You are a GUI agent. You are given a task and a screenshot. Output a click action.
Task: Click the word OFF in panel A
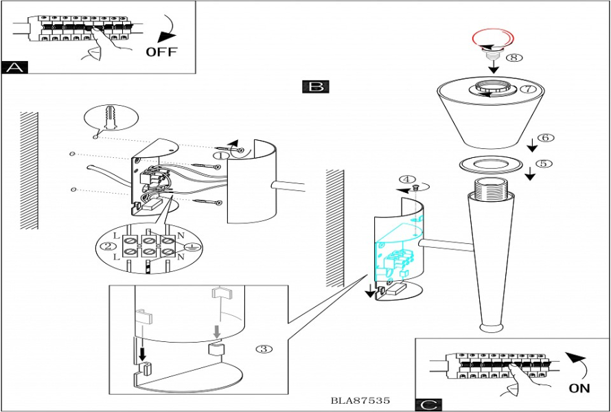pos(161,52)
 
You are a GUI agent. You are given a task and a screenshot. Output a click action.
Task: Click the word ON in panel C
pos(579,388)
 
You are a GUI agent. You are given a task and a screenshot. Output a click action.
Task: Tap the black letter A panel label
pos(14,67)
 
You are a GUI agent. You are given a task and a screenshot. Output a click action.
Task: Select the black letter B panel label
pos(315,87)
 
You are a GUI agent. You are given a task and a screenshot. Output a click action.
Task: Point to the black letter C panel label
pos(428,405)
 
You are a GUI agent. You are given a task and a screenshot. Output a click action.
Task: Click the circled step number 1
pos(220,156)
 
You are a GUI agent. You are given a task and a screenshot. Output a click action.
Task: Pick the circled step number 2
pos(107,247)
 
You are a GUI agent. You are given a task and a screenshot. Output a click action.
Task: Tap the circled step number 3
pos(264,349)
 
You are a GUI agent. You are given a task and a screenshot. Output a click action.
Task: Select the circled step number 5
pos(544,164)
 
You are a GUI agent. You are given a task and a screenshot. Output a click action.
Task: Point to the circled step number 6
pos(546,137)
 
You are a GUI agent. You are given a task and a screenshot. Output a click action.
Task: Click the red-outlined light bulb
pos(489,40)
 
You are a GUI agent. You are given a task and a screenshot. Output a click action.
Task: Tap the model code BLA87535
pos(360,400)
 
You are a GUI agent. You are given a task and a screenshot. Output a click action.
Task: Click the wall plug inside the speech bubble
pos(109,119)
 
